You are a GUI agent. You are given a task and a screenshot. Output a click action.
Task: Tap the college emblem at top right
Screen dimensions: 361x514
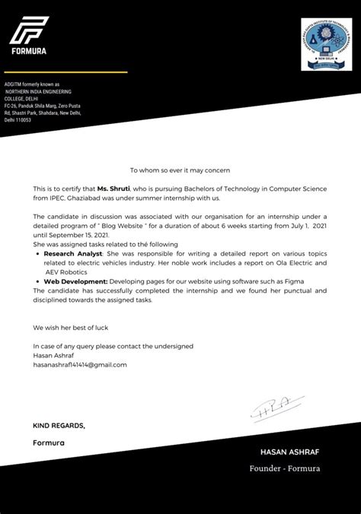click(326, 44)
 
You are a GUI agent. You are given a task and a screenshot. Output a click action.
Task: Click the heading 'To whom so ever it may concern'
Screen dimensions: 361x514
click(180, 170)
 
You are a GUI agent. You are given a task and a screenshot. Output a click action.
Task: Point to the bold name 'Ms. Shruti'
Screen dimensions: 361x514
click(113, 187)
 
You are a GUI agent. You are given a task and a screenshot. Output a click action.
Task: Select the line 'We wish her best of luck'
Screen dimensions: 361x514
click(71, 328)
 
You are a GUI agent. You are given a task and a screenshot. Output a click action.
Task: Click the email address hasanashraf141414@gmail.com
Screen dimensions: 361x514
click(80, 364)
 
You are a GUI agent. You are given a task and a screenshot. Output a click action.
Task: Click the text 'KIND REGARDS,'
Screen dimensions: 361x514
click(59, 425)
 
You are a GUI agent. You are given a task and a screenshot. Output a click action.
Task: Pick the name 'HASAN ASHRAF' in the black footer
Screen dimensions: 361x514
click(289, 452)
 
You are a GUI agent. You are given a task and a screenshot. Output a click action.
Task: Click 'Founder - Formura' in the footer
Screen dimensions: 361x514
click(285, 468)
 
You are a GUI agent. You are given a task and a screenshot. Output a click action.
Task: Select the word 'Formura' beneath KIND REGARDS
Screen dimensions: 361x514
click(49, 443)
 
